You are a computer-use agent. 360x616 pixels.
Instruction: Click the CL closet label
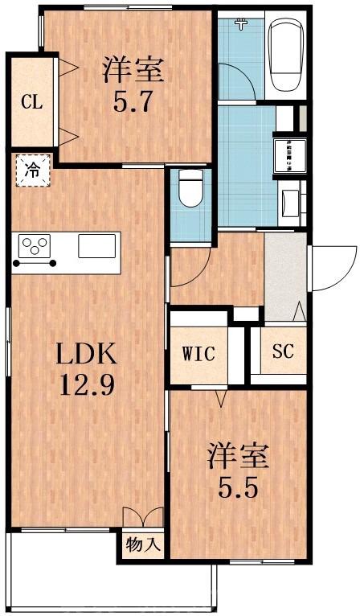pos(31,102)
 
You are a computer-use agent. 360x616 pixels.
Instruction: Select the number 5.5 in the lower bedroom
pos(239,487)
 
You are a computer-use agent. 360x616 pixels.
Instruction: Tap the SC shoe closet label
pos(283,351)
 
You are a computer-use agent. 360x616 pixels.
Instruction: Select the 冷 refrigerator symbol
pos(31,170)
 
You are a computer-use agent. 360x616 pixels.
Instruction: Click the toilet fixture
pos(190,191)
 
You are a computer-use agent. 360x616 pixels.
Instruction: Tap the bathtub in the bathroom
pos(285,55)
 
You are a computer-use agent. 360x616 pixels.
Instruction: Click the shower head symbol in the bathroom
pos(239,24)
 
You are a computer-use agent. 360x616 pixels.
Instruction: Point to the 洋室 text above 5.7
pos(133,70)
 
